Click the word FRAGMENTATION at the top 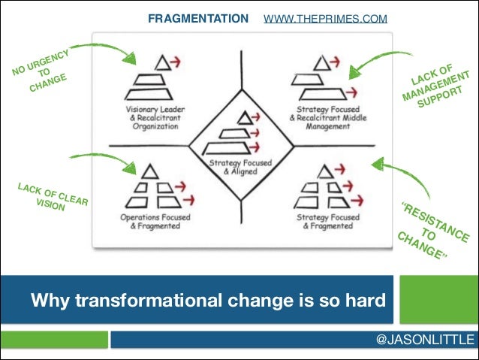click(x=197, y=17)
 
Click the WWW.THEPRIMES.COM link click(x=326, y=17)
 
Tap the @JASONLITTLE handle click(x=424, y=340)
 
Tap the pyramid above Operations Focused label click(x=150, y=192)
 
